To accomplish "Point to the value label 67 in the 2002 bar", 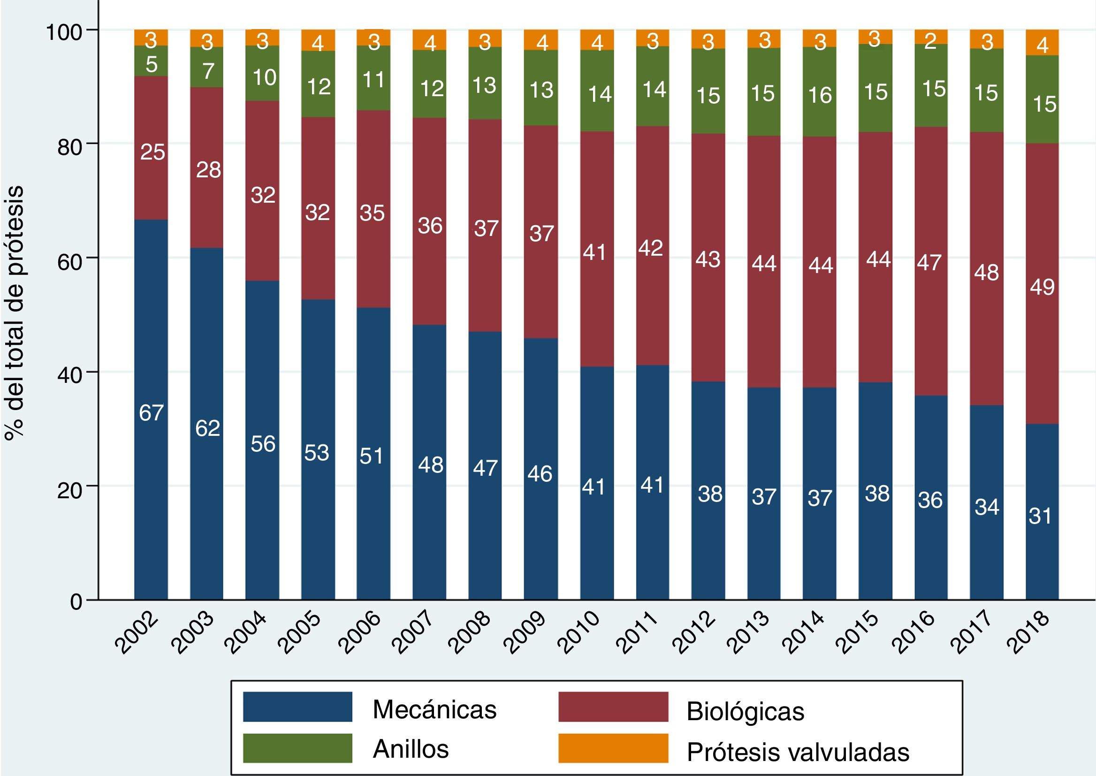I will coord(152,413).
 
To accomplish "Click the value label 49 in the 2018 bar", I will coord(1042,287).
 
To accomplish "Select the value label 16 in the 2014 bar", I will coord(820,96).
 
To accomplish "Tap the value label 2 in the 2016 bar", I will coord(930,42).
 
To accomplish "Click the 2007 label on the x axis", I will coord(415,632).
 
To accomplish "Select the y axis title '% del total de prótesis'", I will coord(15,313).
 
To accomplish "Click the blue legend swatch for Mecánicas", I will coord(297,706).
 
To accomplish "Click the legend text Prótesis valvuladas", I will coord(798,752).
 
